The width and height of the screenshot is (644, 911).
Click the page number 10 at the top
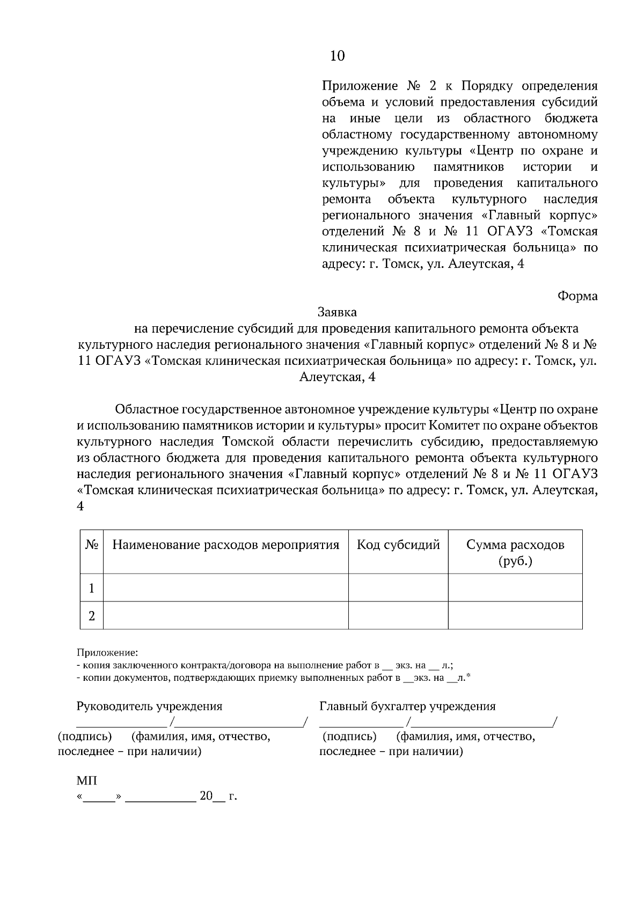(338, 56)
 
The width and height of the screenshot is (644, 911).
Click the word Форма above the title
(577, 296)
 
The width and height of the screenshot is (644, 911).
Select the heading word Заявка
(337, 312)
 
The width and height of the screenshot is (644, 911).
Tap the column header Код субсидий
(398, 545)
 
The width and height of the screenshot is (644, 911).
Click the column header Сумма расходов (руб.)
(515, 553)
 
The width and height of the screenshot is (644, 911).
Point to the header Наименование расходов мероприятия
(225, 545)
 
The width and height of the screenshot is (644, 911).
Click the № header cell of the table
(92, 545)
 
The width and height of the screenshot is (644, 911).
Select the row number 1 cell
(92, 588)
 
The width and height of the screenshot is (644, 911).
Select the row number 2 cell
(92, 615)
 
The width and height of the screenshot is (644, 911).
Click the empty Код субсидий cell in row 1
(398, 588)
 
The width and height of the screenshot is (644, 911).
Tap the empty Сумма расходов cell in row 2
(515, 615)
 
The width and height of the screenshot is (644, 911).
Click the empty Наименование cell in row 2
(225, 615)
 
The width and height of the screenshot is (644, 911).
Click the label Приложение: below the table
(107, 653)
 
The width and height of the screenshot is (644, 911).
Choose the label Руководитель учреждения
(149, 706)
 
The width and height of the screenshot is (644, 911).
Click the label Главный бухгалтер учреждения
(407, 706)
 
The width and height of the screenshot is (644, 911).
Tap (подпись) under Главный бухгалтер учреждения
(349, 737)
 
